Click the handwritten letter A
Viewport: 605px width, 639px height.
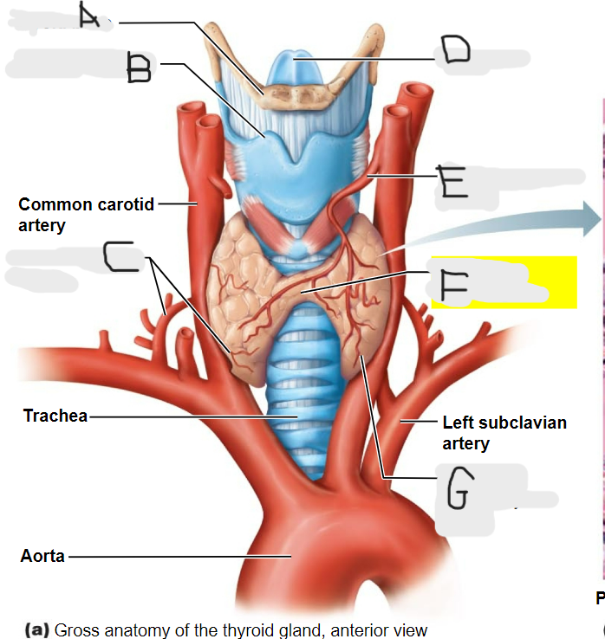[89, 15]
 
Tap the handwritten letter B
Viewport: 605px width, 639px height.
[139, 68]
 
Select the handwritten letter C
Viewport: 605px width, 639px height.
[118, 256]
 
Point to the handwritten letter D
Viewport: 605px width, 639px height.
[456, 48]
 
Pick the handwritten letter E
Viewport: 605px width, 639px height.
[452, 181]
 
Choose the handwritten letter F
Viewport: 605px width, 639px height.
[453, 288]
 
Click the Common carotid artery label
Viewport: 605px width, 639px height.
[86, 215]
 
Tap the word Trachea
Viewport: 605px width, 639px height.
[55, 416]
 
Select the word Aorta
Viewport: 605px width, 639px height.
[42, 556]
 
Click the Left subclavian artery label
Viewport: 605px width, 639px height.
[504, 433]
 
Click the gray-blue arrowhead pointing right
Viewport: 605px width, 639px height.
[591, 219]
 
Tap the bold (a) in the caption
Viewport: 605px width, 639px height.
[37, 629]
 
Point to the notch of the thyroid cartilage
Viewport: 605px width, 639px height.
[296, 157]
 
